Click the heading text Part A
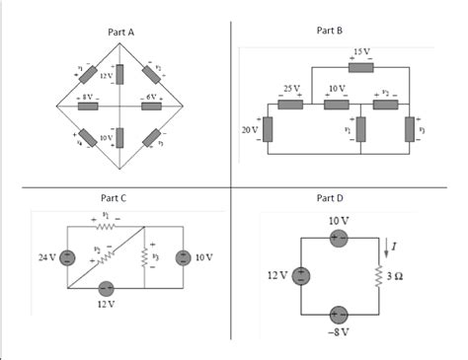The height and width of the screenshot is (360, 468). click(119, 33)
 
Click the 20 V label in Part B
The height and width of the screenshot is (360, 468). click(249, 129)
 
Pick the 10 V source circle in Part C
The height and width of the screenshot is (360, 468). click(183, 257)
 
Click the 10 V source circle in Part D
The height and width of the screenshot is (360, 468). click(339, 238)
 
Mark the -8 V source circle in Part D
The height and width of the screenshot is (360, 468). click(339, 315)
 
